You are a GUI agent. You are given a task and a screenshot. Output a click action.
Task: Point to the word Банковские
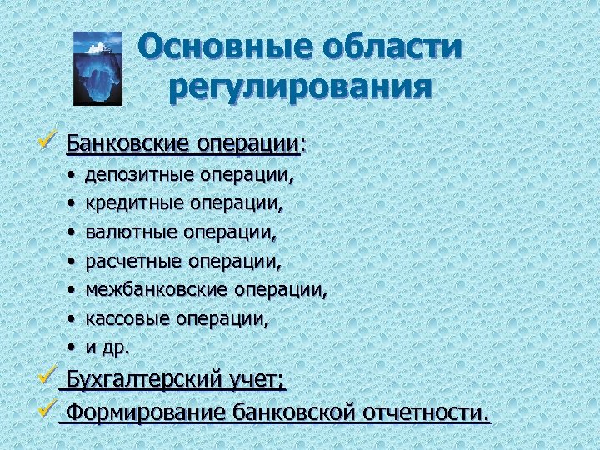(127, 144)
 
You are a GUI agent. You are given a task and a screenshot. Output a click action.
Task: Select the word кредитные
(136, 203)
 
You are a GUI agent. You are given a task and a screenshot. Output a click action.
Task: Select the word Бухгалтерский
(142, 382)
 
